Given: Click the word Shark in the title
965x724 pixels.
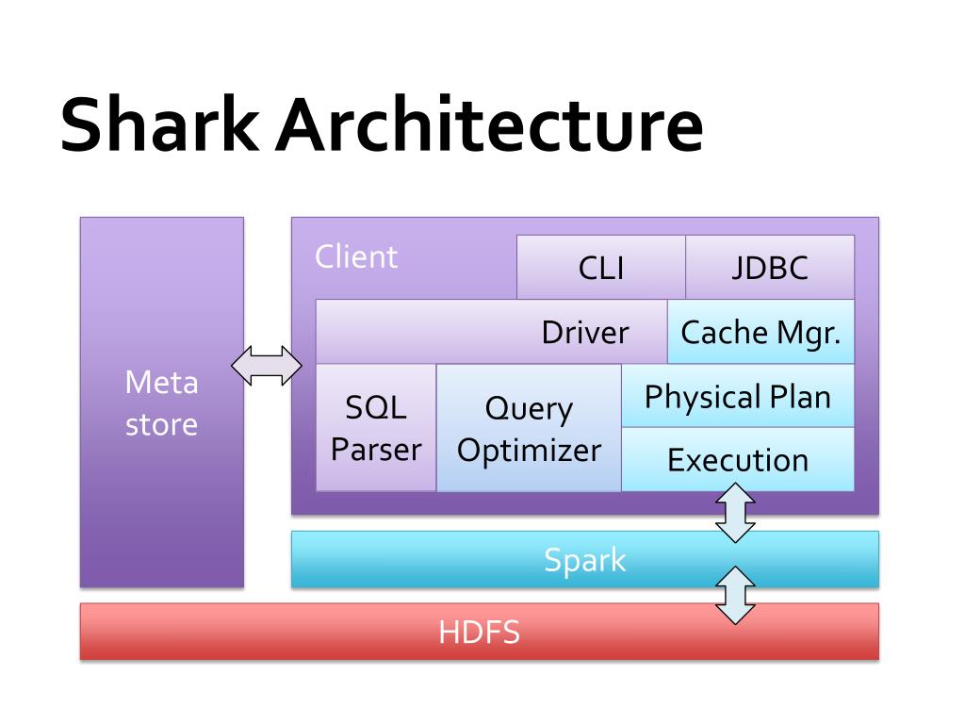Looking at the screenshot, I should coord(160,125).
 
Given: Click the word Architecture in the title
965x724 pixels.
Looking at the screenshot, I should coord(490,125).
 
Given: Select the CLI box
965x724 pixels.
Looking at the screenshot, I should coord(601,268).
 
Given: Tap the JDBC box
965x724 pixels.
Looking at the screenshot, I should coord(770,268).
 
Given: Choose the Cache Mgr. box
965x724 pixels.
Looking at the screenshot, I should coord(761,332).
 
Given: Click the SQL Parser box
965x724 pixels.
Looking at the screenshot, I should coord(376,428).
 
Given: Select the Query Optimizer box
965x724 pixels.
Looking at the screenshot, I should coord(529,428).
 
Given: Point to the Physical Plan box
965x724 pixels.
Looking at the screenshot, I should coord(738,396).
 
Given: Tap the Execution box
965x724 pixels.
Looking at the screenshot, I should coord(738,460).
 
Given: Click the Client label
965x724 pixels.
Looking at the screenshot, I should coord(356,256).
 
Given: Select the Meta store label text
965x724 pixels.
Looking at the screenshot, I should coord(162,403).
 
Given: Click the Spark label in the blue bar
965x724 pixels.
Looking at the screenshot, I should coord(585,560).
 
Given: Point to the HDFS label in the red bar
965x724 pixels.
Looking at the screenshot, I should coord(479,632).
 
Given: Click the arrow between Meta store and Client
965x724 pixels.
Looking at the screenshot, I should coord(267,366).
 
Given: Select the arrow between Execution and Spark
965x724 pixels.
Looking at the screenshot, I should coord(736,512).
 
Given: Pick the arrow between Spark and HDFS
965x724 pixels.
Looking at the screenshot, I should coord(736,595).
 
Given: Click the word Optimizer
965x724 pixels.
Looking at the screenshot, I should coord(529,450).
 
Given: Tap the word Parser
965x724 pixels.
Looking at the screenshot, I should coord(376,450).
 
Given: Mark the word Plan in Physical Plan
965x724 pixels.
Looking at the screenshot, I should coord(799,396).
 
